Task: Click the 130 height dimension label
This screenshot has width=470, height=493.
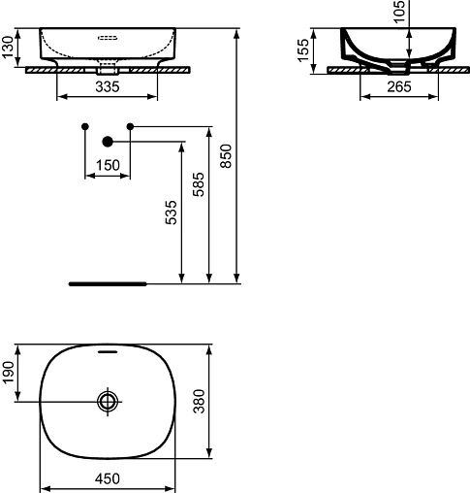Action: coord(9,48)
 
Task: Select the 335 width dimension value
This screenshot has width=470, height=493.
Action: coord(108,86)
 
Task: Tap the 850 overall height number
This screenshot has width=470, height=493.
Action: coord(226,156)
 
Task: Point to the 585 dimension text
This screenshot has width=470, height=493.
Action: coord(199,184)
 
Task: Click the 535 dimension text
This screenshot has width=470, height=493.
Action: coord(172,213)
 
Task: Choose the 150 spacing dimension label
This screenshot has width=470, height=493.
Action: coord(108,165)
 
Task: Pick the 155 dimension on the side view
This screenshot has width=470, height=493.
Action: coord(303,50)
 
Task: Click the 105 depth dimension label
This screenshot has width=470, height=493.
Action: coord(399,12)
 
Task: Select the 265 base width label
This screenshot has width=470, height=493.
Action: coord(399,86)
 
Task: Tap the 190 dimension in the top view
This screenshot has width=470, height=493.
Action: coord(9,372)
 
